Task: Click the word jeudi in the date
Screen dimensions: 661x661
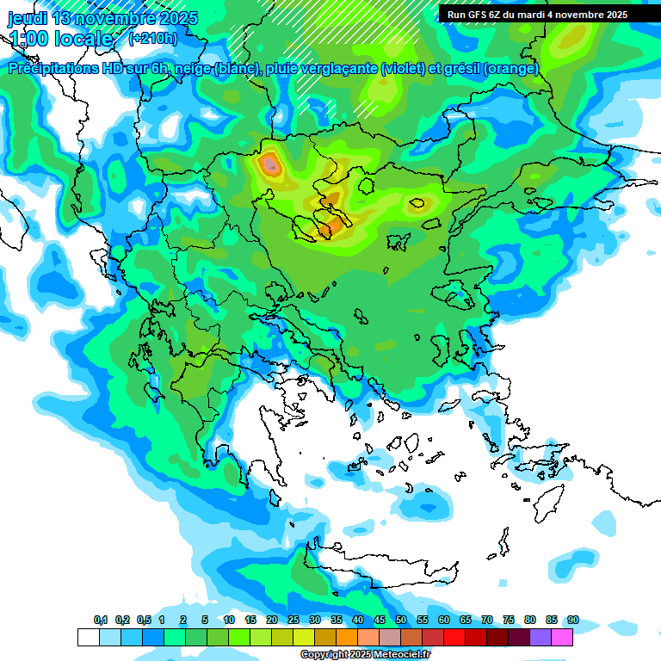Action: (x=28, y=18)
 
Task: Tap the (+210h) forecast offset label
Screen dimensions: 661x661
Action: (x=152, y=38)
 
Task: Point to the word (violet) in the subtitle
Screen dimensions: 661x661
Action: (x=402, y=69)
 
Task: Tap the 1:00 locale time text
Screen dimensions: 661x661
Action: (x=60, y=39)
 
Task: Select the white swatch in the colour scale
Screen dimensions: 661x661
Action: (x=88, y=638)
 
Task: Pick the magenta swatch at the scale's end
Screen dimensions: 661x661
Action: (x=562, y=638)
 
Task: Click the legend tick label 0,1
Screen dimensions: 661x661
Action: (x=101, y=621)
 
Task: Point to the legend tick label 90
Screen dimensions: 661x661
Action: (x=573, y=621)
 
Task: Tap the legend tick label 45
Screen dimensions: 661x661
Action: (x=380, y=621)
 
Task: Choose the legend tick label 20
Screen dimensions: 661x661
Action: (x=272, y=621)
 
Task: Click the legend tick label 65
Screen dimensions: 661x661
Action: (x=466, y=621)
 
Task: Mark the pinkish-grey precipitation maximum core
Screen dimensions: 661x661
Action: (x=271, y=164)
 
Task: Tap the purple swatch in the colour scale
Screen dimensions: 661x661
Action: (x=541, y=638)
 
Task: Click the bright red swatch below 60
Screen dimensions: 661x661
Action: (x=454, y=638)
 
